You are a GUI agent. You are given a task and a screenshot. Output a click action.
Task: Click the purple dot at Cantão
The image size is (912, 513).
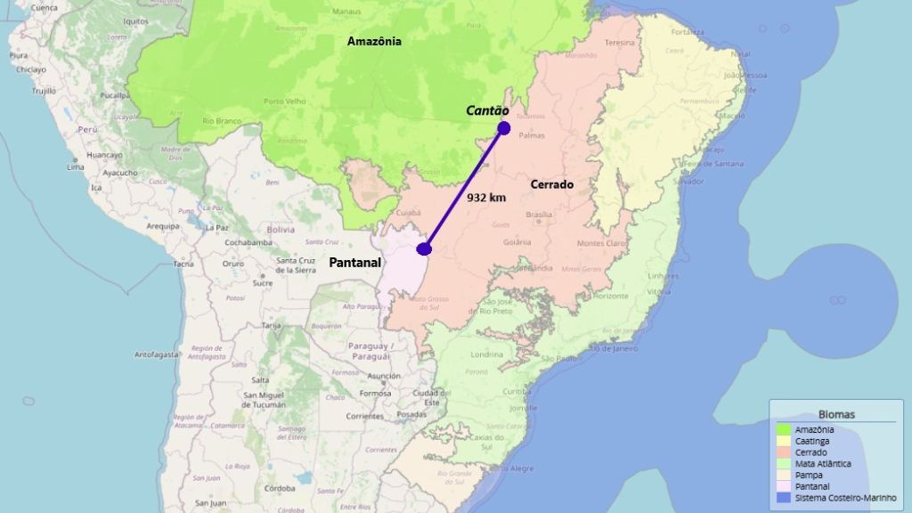[504, 127]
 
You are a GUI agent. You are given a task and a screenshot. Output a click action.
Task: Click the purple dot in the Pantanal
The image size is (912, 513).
[424, 249]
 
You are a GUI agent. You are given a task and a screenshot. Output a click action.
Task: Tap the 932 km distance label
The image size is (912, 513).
[486, 197]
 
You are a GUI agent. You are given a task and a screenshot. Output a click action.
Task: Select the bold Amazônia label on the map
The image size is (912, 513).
[374, 41]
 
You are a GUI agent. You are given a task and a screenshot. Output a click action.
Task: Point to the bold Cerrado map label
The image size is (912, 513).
[552, 184]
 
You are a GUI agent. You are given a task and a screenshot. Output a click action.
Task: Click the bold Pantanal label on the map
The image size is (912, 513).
[355, 263]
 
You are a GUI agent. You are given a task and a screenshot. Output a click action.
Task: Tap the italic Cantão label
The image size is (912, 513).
[488, 110]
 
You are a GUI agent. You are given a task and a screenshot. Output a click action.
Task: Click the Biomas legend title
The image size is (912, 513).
[836, 414]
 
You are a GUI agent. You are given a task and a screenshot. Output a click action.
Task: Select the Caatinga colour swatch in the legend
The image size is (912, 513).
[784, 441]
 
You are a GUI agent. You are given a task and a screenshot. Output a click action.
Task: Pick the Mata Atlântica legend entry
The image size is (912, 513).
[822, 464]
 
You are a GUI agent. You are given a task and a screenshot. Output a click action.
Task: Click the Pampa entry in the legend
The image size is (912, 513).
[809, 476]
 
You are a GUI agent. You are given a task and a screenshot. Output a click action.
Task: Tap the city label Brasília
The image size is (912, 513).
[540, 215]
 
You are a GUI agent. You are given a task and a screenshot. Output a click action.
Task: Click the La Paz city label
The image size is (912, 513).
[217, 227]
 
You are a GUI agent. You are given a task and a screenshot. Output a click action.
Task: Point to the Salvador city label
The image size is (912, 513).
[689, 181]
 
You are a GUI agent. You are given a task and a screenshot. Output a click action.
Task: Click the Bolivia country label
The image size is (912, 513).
[281, 229]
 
